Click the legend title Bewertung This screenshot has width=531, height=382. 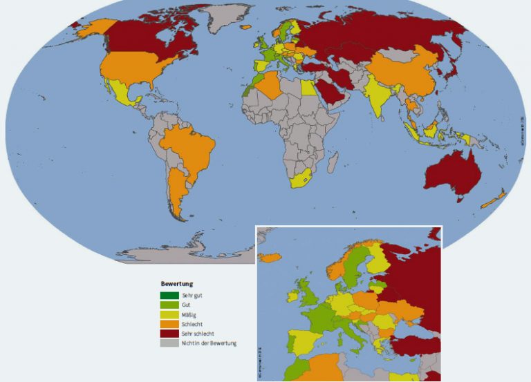click(176, 284)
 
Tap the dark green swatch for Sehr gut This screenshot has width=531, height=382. click(169, 296)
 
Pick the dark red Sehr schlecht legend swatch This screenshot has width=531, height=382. click(169, 333)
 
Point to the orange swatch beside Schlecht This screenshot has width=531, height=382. click(169, 324)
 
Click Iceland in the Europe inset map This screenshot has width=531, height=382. click(270, 257)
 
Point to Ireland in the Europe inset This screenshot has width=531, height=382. click(292, 296)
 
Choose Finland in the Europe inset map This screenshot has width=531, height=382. click(378, 260)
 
